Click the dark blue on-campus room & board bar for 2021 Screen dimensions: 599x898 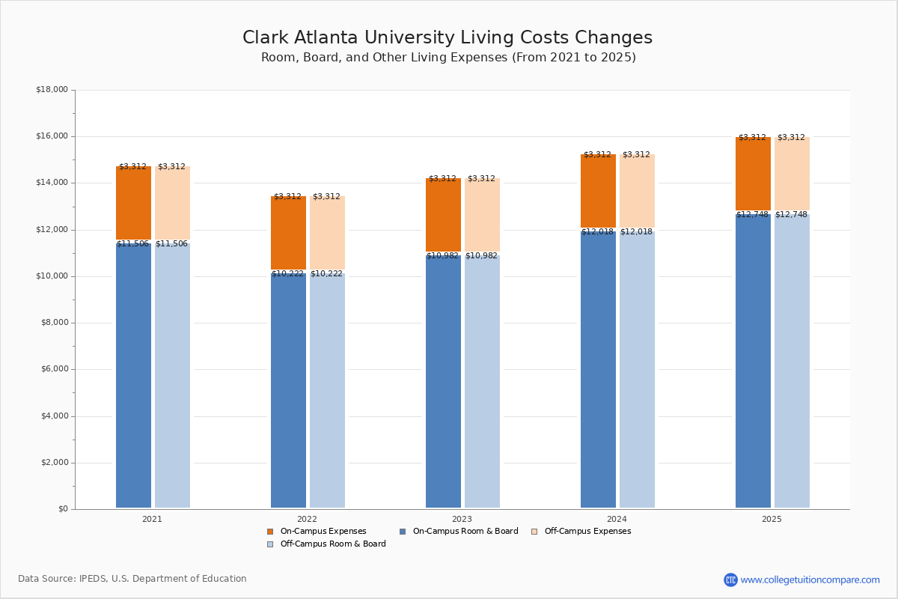click(x=133, y=374)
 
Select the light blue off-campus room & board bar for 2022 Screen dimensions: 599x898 click(x=327, y=389)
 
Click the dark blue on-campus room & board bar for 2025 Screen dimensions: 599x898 click(x=753, y=359)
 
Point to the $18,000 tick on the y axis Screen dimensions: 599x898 click(x=52, y=90)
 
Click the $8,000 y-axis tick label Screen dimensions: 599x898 click(x=54, y=323)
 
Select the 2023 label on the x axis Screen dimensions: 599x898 click(x=462, y=519)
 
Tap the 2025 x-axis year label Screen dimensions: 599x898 click(x=772, y=519)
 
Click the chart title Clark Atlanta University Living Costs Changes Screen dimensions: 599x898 click(x=448, y=38)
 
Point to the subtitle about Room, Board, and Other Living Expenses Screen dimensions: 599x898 click(x=448, y=58)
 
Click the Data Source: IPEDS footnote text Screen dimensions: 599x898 click(x=132, y=579)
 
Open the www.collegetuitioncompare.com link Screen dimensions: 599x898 click(x=810, y=580)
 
